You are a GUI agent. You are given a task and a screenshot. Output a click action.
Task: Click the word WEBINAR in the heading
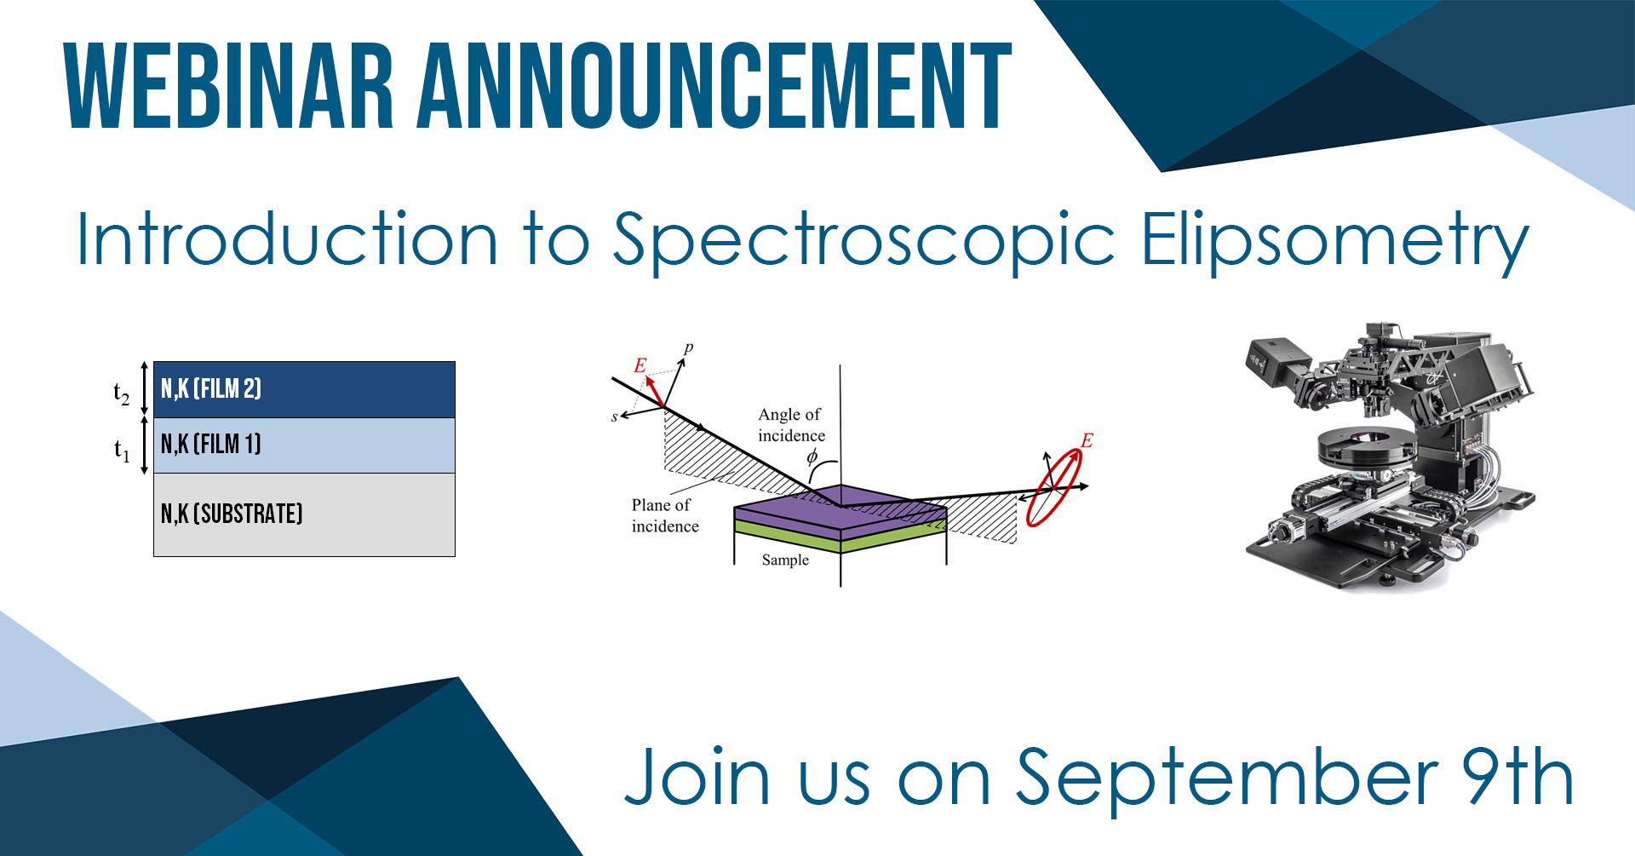point(229,87)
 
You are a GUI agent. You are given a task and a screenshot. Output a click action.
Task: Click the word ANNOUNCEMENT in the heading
point(714,87)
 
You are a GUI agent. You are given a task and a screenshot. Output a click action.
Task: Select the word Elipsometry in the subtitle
point(1334,242)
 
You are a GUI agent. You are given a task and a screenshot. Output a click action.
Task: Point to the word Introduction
point(287,238)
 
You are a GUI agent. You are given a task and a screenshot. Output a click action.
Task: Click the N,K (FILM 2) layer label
point(211,389)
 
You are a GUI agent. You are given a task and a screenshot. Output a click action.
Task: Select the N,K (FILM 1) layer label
point(211,444)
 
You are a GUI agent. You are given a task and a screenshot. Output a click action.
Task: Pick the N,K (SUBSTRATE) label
point(232,514)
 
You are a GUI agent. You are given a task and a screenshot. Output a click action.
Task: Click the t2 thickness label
point(122,392)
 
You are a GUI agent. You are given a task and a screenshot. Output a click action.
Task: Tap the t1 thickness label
point(122,449)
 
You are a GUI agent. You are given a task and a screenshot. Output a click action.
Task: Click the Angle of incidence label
point(791,424)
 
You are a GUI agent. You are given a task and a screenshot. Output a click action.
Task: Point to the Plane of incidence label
point(665,515)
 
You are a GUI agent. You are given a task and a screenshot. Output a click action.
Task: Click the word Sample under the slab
point(785,560)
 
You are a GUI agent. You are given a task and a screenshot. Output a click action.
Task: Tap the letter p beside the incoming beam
point(688,348)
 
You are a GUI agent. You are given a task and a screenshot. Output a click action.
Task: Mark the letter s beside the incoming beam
point(614,417)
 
